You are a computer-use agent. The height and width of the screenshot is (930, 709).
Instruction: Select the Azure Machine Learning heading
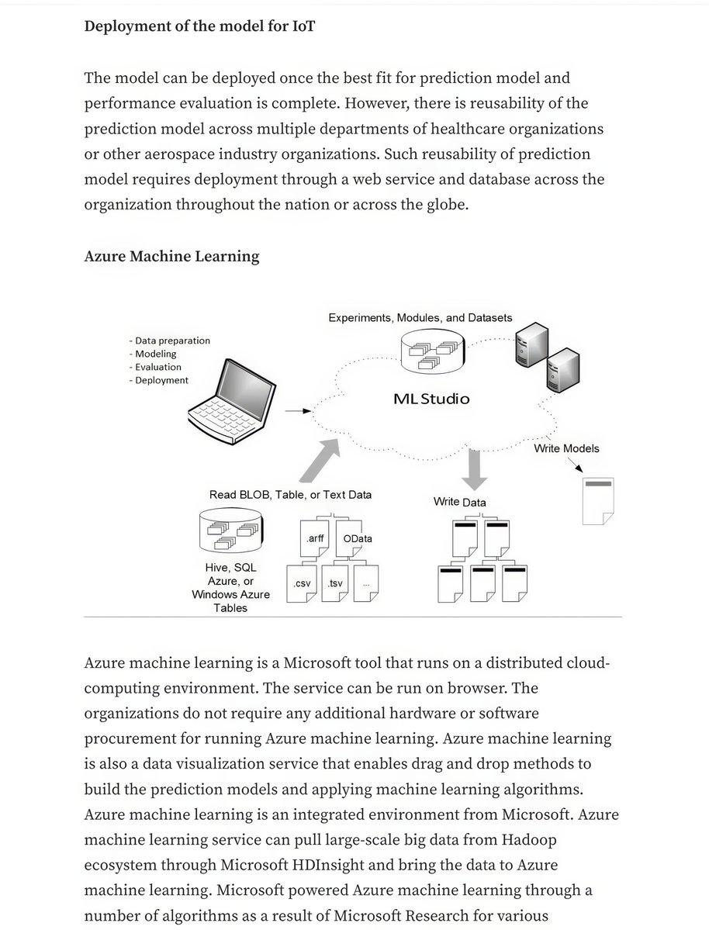171,256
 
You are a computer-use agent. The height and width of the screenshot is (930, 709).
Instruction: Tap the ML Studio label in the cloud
431,399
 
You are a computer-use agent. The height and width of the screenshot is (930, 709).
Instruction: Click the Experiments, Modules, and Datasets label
420,318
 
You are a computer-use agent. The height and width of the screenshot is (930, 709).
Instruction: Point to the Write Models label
566,448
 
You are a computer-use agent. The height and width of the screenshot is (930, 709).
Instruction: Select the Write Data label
460,502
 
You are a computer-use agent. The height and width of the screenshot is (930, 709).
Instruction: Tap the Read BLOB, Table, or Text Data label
290,494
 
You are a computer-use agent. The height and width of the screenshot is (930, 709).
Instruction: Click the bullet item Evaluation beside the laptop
157,367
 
